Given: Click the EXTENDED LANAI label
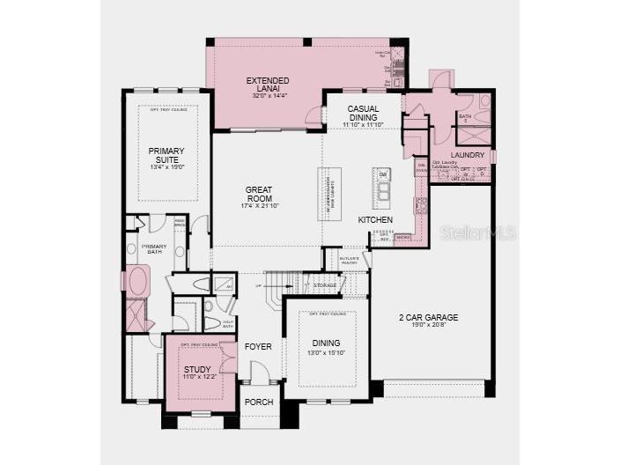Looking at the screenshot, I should click(x=268, y=81).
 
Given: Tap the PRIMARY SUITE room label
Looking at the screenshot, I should click(x=166, y=155).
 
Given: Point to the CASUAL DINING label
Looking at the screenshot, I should click(x=362, y=113).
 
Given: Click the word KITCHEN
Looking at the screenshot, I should click(x=375, y=219).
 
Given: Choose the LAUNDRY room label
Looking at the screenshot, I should click(x=467, y=155).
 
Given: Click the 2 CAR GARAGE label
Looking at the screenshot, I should click(x=430, y=317).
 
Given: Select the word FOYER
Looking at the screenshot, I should click(x=259, y=346).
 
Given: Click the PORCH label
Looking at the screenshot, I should click(x=259, y=402).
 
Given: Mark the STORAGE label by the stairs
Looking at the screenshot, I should click(x=325, y=285).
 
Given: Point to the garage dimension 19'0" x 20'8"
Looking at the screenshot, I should click(x=430, y=327).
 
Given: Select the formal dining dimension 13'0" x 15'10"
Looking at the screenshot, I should click(x=326, y=353).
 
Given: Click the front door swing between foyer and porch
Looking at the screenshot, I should click(x=249, y=373).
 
